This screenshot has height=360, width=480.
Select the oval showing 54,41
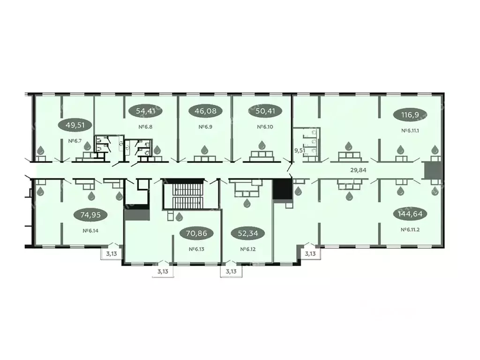(x=145, y=112)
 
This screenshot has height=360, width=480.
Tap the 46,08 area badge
(x=205, y=112)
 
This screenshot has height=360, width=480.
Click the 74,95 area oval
(x=90, y=215)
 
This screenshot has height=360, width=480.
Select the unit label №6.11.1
(x=410, y=130)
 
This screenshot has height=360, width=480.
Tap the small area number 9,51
(x=299, y=151)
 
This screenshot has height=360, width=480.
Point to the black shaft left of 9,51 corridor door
(x=282, y=191)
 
